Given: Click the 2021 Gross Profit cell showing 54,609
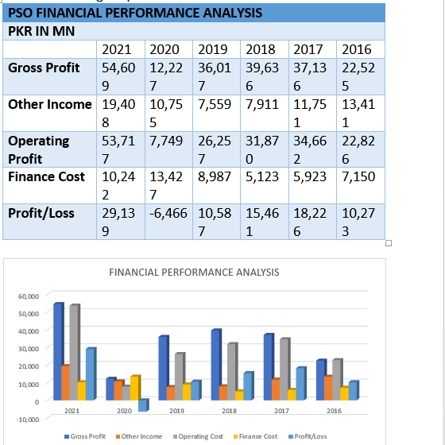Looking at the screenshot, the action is click(x=118, y=76).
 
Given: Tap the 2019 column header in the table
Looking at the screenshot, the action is click(x=213, y=49).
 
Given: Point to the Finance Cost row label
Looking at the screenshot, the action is click(x=46, y=176).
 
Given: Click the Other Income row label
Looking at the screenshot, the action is click(x=50, y=104).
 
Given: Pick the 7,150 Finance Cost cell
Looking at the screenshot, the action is click(x=358, y=176).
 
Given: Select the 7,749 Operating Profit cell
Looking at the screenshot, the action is click(x=166, y=141).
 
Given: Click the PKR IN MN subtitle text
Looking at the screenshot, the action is click(x=41, y=31).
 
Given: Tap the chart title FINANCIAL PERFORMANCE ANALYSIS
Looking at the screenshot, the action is click(x=194, y=272).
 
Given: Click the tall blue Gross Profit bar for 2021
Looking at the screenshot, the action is click(x=59, y=351).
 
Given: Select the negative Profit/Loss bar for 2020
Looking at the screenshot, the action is click(x=143, y=405).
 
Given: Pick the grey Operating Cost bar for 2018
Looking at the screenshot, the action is click(x=232, y=372).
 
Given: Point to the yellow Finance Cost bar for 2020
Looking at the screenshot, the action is click(x=135, y=388).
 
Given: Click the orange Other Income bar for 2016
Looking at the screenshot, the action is click(x=329, y=388).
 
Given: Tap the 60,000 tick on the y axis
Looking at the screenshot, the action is click(x=29, y=296).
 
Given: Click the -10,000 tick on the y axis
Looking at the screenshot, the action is click(x=27, y=420).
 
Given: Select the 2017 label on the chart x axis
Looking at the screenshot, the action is click(x=281, y=411).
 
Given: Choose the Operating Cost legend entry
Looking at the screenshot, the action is click(x=198, y=436).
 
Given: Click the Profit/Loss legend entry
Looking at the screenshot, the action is click(x=308, y=436).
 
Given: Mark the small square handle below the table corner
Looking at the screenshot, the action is click(x=389, y=243).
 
